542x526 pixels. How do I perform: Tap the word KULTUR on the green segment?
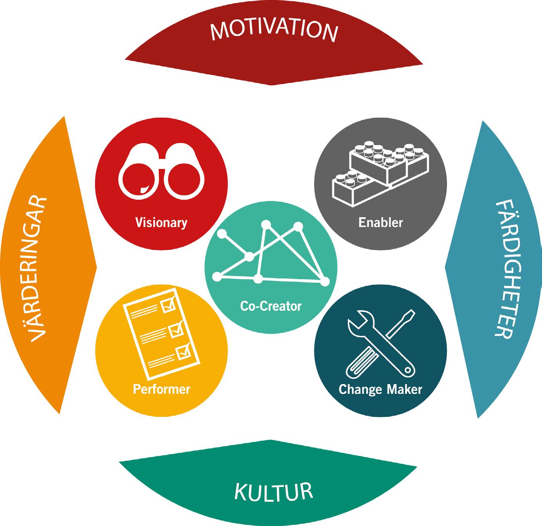pyautogui.click(x=274, y=492)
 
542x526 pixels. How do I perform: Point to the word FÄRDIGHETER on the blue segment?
pyautogui.click(x=503, y=270)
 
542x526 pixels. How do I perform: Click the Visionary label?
pyautogui.click(x=161, y=223)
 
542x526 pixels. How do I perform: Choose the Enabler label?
pyautogui.click(x=380, y=223)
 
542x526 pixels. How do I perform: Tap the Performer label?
pyautogui.click(x=161, y=389)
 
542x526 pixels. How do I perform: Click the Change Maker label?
pyautogui.click(x=380, y=389)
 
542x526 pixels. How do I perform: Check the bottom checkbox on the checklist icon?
pyautogui.click(x=183, y=352)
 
